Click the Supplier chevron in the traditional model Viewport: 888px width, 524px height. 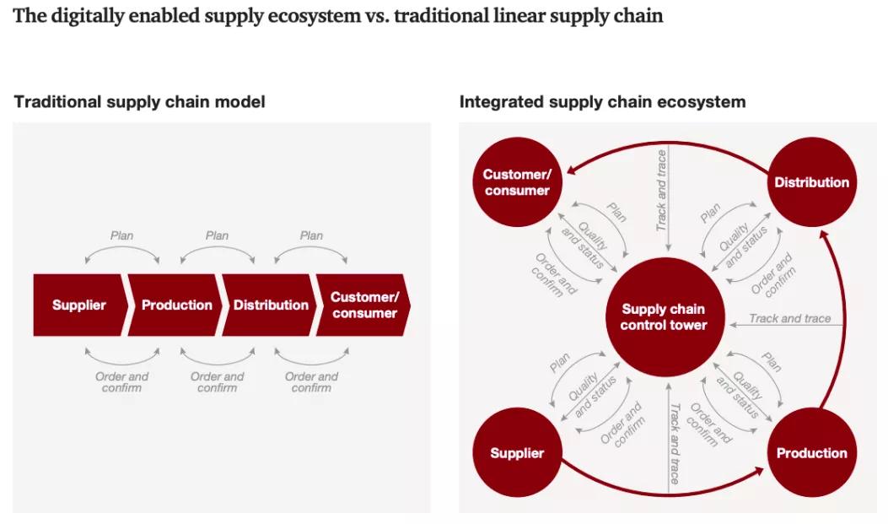point(78,305)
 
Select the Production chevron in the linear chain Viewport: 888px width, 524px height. point(176,305)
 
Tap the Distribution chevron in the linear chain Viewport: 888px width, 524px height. point(271,305)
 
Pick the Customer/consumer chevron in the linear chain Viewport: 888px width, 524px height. point(363,305)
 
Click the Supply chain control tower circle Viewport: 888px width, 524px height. point(664,317)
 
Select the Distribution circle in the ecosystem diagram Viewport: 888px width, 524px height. point(812,182)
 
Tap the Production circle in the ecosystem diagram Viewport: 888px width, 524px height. point(812,453)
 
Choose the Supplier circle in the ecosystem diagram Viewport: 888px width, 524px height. point(517,453)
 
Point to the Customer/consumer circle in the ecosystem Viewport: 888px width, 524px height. point(517,182)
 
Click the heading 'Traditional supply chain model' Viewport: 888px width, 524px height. point(140,102)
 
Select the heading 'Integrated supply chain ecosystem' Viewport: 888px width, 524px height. point(602,102)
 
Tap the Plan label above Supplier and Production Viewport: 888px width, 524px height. point(122,236)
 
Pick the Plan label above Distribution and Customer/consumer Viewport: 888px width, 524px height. point(311,236)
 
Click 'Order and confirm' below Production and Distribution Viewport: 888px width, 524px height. point(217,382)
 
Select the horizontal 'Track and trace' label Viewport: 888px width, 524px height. point(790,319)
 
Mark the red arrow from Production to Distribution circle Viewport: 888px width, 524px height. point(846,321)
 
